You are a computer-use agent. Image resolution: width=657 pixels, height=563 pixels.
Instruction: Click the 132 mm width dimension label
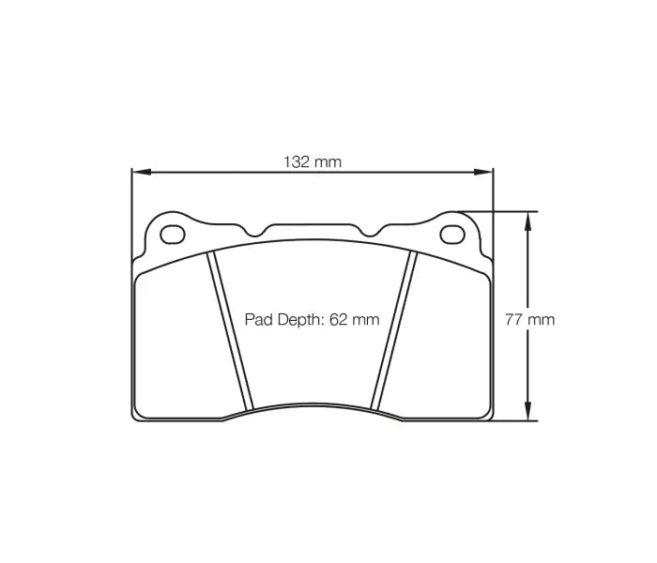coord(313,161)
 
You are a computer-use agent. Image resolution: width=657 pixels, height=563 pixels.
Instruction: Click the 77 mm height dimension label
coord(529,319)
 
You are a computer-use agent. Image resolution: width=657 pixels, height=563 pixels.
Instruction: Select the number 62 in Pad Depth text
coord(336,319)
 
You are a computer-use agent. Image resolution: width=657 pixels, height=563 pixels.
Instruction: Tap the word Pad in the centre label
coord(257,319)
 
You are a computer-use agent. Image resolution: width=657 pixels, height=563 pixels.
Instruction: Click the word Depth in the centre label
coord(298,319)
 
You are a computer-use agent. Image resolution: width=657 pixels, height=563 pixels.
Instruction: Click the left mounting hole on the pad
coord(171,233)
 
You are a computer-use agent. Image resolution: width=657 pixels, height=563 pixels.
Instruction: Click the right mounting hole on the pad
coord(451,233)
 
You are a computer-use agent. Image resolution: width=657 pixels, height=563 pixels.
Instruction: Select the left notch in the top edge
coord(256,231)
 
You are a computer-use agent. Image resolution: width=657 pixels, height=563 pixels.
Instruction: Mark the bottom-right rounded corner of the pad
coord(485,414)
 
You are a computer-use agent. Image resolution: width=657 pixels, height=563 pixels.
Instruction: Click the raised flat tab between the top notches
coord(312,226)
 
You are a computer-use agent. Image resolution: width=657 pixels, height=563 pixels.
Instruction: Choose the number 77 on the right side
coord(514,319)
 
